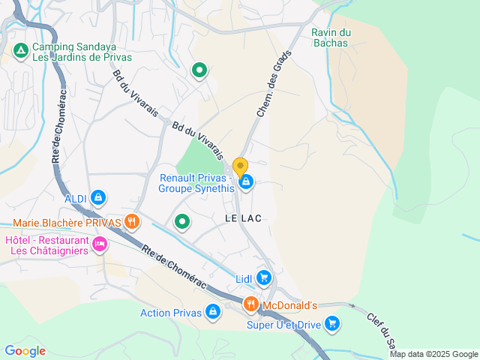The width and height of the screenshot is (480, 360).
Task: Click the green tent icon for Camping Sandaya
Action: point(21,51)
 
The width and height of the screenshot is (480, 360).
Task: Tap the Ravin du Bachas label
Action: point(331,37)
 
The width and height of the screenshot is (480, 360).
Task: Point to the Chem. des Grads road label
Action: point(273,88)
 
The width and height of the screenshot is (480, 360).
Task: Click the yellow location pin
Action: point(240,167)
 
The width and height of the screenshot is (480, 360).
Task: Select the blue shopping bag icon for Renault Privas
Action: point(245,181)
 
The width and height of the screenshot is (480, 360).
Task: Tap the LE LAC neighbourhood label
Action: point(242,217)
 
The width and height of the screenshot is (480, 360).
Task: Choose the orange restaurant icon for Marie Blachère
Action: point(132,220)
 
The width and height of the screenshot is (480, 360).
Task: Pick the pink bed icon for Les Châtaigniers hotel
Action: point(99,244)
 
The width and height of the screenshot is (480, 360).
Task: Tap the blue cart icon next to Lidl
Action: point(263,278)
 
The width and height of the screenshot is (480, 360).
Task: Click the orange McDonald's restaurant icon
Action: point(251,304)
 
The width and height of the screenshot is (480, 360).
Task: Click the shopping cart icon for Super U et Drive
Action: point(331,324)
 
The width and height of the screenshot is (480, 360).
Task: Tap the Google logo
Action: point(25,350)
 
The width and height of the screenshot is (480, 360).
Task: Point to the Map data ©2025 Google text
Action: point(433,354)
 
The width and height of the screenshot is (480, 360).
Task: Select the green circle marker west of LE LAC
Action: point(182,221)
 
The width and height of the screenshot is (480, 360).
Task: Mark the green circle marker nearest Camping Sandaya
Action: point(199,71)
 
